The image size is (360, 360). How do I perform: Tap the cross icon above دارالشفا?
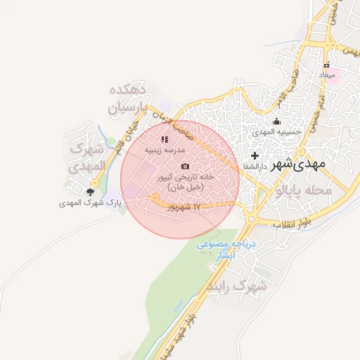[x=255, y=155]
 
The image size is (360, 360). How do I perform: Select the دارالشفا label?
[x=255, y=166]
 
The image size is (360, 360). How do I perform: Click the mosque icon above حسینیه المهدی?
[x=276, y=120]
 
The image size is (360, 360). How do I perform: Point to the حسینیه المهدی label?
[x=277, y=131]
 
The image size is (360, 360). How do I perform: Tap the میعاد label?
[x=328, y=74]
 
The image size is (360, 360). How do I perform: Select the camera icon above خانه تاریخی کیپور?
[x=185, y=167]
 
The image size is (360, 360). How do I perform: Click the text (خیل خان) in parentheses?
[x=186, y=188]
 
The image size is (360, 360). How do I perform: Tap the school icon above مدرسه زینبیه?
[x=165, y=140]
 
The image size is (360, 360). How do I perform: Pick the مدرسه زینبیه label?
[x=165, y=150]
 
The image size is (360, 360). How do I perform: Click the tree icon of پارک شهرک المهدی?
[x=90, y=191]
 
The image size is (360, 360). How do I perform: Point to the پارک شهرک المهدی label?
[x=90, y=202]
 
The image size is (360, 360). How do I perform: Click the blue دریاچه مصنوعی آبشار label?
[x=229, y=250]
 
